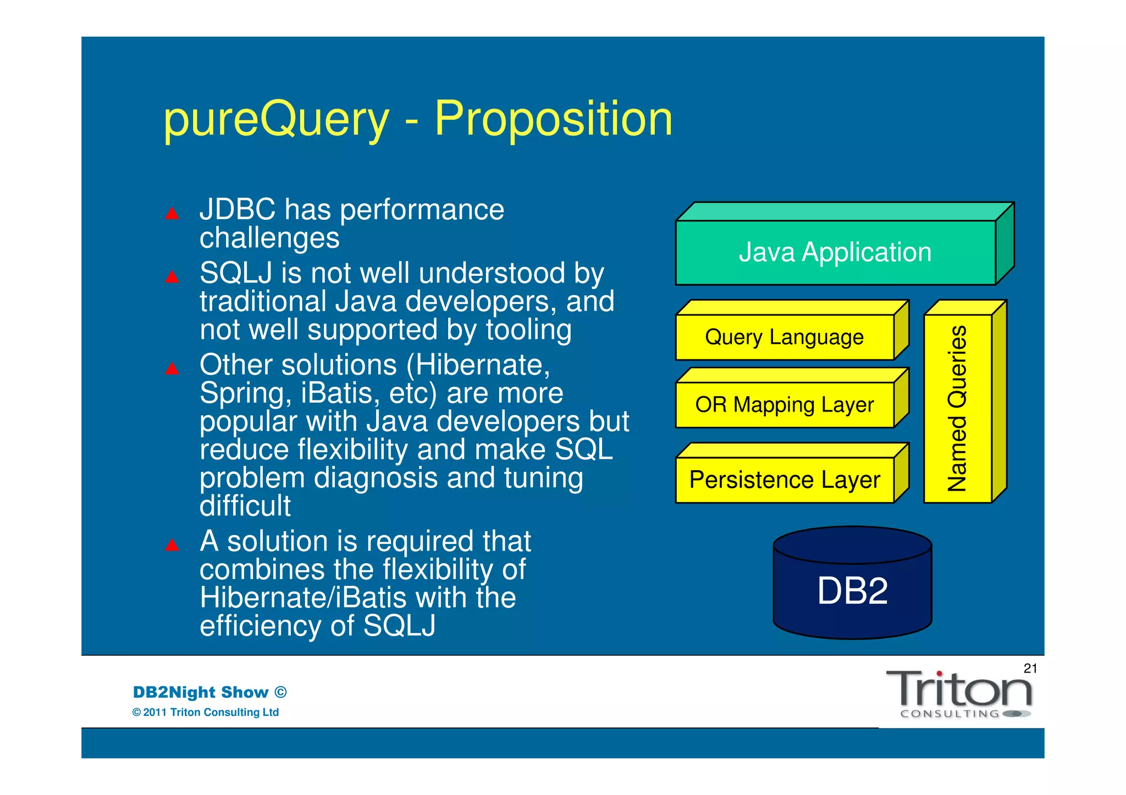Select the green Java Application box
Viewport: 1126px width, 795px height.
[x=835, y=252]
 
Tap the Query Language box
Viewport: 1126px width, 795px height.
[x=785, y=337]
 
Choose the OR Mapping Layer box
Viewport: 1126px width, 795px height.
[x=785, y=405]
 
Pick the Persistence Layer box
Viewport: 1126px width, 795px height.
[x=785, y=480]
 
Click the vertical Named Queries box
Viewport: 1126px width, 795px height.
[x=958, y=408]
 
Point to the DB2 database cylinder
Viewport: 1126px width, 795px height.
[x=852, y=591]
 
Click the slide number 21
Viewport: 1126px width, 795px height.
[x=1030, y=668]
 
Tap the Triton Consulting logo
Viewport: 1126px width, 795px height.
[x=959, y=693]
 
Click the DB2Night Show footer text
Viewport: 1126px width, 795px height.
[x=209, y=692]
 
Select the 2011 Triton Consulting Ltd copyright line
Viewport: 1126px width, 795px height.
[x=206, y=712]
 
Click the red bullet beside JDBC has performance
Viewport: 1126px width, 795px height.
[x=172, y=213]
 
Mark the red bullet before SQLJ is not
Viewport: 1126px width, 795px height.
[x=172, y=277]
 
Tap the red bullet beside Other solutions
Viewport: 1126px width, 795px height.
[x=172, y=369]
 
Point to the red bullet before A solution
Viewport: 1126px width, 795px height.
[x=172, y=545]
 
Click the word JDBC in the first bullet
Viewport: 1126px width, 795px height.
[x=238, y=210]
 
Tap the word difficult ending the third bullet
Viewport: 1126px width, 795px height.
[x=245, y=505]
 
